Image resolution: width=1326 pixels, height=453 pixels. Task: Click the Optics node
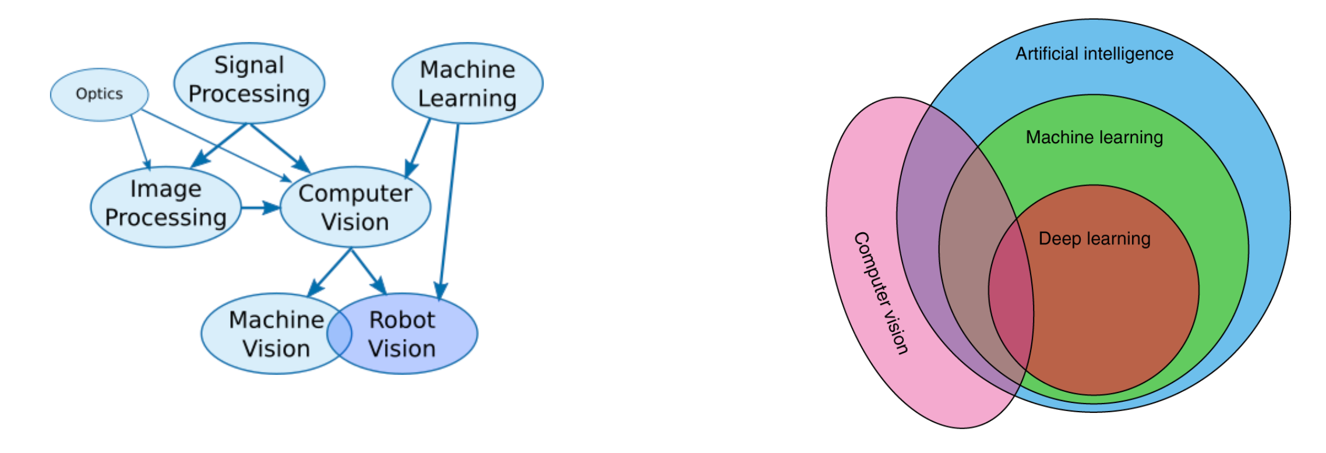(x=99, y=94)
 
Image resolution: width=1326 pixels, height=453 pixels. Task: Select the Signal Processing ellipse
(x=249, y=82)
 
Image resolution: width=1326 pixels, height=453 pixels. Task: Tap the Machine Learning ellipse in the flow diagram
(x=467, y=83)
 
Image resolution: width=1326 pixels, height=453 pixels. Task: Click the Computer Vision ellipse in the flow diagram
(x=355, y=207)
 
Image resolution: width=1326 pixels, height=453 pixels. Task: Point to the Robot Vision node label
(x=402, y=334)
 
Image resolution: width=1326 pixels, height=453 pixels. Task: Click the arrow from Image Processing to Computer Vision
(x=260, y=207)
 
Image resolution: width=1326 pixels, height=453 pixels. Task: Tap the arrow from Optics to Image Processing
(x=140, y=142)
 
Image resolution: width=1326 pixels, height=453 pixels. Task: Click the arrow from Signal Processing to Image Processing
(x=220, y=146)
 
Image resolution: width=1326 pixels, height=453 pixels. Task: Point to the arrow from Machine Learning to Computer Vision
(x=419, y=148)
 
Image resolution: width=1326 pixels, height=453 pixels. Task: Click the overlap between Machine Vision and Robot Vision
(x=340, y=334)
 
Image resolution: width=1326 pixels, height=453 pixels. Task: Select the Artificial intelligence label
(x=1094, y=54)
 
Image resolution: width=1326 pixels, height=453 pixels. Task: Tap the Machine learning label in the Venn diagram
(x=1094, y=137)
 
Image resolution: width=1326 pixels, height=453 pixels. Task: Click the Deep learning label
(x=1094, y=239)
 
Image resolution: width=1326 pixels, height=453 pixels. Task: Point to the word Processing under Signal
(x=249, y=94)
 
